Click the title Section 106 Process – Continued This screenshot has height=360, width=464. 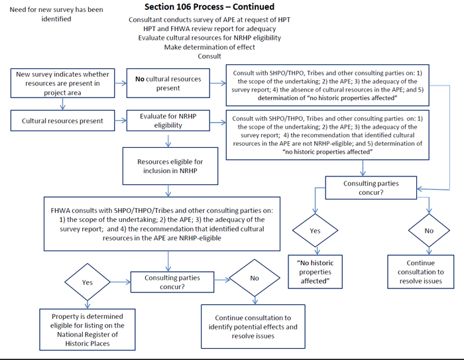pyautogui.click(x=209, y=7)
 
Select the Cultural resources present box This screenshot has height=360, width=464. pyautogui.click(x=62, y=121)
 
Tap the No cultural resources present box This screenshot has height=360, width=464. pyautogui.click(x=168, y=83)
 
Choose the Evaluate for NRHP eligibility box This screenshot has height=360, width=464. pyautogui.click(x=168, y=121)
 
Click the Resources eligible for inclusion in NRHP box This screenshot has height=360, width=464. pyautogui.click(x=170, y=166)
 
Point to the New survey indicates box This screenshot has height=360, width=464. pyautogui.click(x=62, y=83)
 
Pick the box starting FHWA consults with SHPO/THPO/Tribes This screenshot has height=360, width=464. pyautogui.click(x=162, y=224)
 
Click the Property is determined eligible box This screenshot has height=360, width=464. pyautogui.click(x=87, y=330)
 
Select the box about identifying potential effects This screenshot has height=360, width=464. pyautogui.click(x=253, y=327)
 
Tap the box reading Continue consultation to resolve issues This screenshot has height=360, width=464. pyautogui.click(x=420, y=272)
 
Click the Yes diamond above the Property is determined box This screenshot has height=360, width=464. pyautogui.click(x=87, y=282)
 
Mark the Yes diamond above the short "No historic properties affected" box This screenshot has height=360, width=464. pyautogui.click(x=315, y=230)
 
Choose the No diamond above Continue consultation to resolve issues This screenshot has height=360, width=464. pyautogui.click(x=429, y=230)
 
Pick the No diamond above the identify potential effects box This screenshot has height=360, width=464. pyautogui.click(x=255, y=278)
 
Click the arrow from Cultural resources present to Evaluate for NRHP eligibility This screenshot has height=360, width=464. pyautogui.click(x=121, y=121)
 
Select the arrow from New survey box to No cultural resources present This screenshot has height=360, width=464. pyautogui.click(x=121, y=83)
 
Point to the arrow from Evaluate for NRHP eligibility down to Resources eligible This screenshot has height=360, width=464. pyautogui.click(x=168, y=141)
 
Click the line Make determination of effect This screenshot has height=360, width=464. pyautogui.click(x=209, y=47)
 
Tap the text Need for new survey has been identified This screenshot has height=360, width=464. pyautogui.click(x=56, y=14)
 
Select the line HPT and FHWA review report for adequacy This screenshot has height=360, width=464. pyautogui.click(x=209, y=29)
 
